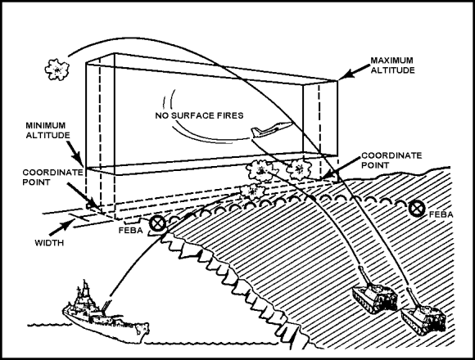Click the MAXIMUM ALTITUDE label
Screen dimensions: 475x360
point(392,65)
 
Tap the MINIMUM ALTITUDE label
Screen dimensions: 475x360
point(47,130)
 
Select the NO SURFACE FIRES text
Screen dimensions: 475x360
point(199,115)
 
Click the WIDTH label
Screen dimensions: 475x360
point(49,243)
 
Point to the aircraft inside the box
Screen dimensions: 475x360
point(271,130)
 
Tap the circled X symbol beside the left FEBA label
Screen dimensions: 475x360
point(157,224)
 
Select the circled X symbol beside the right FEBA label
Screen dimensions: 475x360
point(417,209)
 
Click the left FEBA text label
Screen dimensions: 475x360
point(130,231)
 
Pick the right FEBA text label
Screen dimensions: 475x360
point(441,215)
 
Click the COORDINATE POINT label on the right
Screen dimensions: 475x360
point(391,160)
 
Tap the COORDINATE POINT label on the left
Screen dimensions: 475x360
point(52,178)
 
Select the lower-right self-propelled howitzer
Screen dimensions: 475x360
point(423,315)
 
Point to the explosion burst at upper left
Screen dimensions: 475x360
point(57,70)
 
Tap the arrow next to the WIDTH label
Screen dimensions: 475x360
point(61,227)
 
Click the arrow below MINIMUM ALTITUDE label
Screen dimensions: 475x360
point(75,154)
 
